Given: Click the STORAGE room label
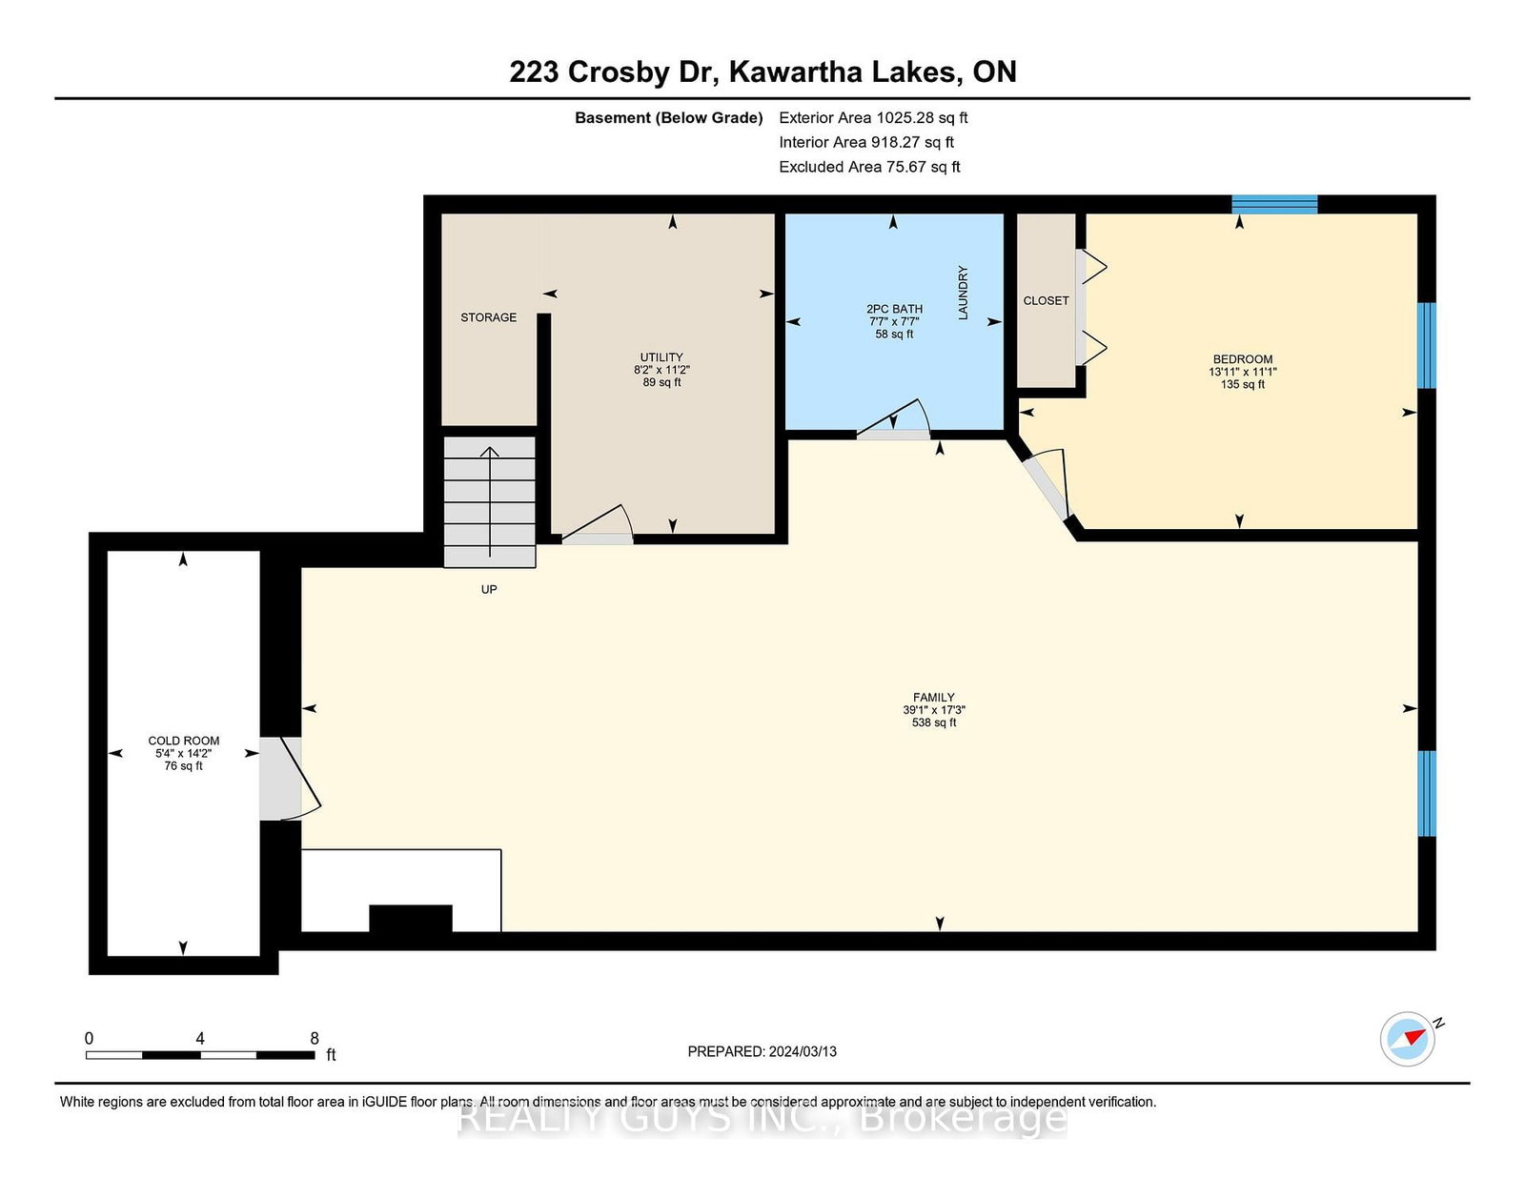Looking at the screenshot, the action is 488,318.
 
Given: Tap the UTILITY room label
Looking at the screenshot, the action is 661,357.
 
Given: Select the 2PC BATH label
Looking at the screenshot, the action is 894,309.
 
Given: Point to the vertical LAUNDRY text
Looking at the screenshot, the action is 963,293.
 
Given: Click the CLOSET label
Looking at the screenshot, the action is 1046,301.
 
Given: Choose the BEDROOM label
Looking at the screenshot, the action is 1242,359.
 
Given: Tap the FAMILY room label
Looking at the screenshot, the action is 933,698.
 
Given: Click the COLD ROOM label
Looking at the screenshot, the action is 184,742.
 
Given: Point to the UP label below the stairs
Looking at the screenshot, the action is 489,589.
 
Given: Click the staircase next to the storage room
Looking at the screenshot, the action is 490,501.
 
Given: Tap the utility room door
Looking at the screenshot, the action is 598,525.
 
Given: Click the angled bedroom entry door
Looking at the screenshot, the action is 1047,485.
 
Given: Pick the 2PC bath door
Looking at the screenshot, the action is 893,419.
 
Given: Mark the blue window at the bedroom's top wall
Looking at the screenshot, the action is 1274,204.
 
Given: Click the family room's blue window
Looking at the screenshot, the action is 1427,794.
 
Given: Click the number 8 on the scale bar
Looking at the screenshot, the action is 315,1038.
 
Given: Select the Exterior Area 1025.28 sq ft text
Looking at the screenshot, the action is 873,118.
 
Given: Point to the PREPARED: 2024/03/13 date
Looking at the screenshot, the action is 762,1051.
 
